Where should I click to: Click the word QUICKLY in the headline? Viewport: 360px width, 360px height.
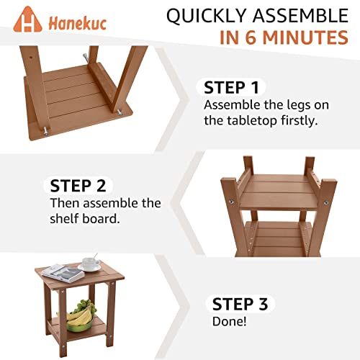coord(208,16)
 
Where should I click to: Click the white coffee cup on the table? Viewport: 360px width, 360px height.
coord(91,265)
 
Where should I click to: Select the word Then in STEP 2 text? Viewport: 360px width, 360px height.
coord(64,204)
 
